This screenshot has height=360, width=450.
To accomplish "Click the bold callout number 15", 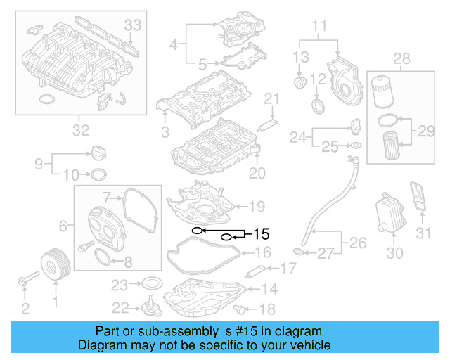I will tap(261, 233).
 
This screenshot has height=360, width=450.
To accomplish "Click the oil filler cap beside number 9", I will tap(98, 152).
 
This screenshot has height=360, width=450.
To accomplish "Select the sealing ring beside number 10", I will tap(99, 174).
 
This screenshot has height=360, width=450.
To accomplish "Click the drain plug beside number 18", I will tap(243, 309).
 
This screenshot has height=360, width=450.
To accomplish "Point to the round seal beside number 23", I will tap(150, 285).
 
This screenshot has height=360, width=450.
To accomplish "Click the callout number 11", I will tap(320, 28).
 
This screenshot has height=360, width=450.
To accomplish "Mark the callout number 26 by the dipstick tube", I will tap(358, 243).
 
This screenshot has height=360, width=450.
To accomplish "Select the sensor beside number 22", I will tap(150, 310).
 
